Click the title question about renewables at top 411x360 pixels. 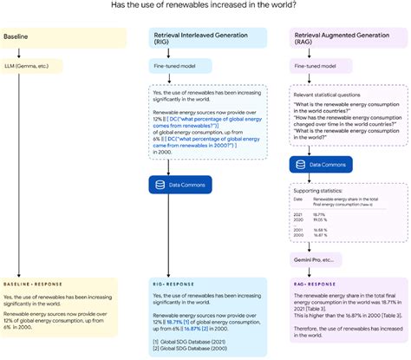[x=205, y=6]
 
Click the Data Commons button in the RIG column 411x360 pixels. [x=179, y=184]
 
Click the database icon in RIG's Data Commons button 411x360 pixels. [x=159, y=184]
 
